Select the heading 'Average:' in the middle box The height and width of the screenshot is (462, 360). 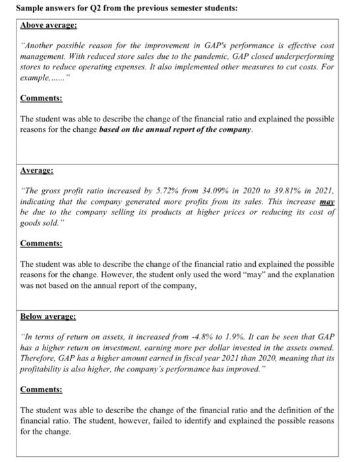point(38,170)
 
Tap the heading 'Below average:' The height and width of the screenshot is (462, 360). point(48,317)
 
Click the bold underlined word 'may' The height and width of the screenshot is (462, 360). point(327,201)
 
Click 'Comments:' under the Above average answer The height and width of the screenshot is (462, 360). point(42,98)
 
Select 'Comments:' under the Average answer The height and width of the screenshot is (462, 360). point(42,243)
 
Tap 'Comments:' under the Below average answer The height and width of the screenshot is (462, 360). point(42,391)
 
